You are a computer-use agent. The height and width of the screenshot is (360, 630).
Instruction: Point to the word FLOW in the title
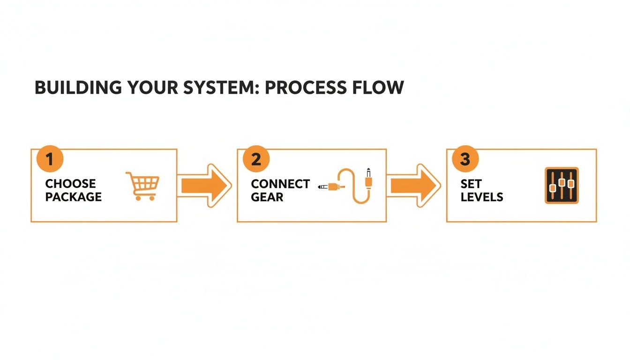click(380, 88)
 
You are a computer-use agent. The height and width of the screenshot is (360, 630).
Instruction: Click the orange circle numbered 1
click(50, 159)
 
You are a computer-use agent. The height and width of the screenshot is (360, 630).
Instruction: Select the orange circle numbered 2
click(256, 159)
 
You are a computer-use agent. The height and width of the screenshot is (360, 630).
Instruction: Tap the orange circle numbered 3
click(465, 159)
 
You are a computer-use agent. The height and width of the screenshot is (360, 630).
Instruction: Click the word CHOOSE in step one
click(70, 184)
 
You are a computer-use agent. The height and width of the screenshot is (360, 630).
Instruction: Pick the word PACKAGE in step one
click(73, 197)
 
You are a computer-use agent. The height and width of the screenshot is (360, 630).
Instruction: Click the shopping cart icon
click(143, 186)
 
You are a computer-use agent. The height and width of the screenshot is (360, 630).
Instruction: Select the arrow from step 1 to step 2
click(205, 186)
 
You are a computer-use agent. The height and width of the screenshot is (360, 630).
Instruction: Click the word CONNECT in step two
click(280, 184)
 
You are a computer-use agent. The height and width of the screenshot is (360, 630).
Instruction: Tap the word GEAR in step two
click(267, 197)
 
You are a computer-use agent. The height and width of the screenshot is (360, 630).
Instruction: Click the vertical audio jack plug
click(368, 179)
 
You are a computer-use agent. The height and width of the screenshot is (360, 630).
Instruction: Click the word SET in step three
click(471, 184)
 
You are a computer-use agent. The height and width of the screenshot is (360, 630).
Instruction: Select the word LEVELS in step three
click(481, 197)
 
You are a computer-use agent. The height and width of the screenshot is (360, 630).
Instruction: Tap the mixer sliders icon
click(562, 185)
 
